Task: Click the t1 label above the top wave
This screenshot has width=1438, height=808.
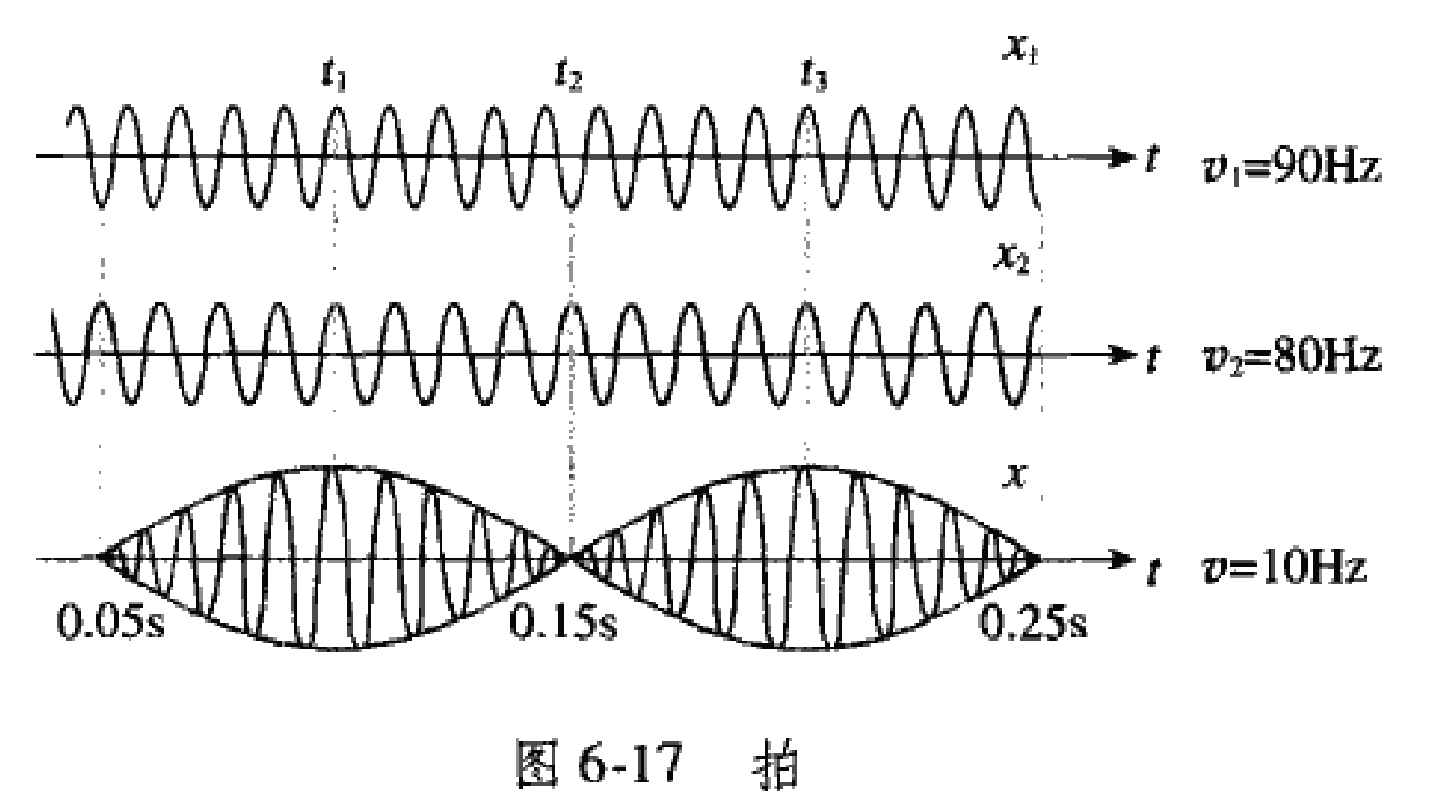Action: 334,77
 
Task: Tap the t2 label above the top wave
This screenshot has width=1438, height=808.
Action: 568,78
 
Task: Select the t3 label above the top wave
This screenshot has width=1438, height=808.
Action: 812,78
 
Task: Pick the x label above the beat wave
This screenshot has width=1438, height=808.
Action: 1015,477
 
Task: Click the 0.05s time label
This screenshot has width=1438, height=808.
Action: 111,623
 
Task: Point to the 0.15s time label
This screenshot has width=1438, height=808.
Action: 564,623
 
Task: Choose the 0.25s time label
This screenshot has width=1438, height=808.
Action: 1033,623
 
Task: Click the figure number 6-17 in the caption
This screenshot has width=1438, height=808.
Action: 629,765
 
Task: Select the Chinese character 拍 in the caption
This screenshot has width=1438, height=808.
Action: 778,765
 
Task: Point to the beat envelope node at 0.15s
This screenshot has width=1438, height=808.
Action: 571,557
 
